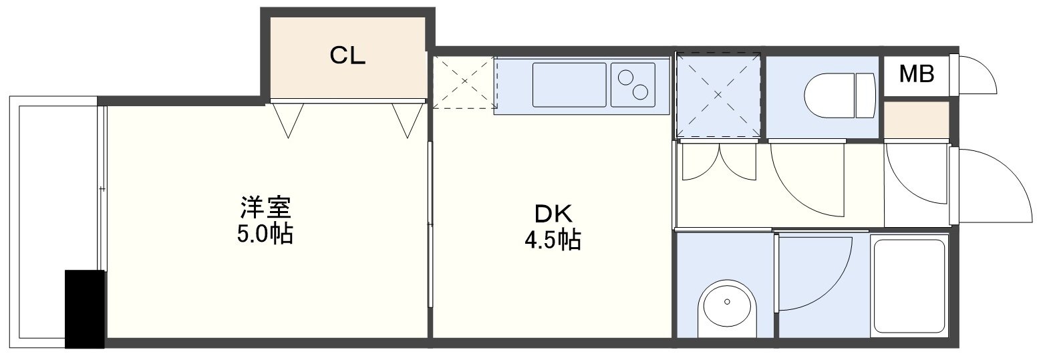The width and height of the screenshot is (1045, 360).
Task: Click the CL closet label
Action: (347, 55)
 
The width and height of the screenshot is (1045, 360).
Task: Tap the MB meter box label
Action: (917, 73)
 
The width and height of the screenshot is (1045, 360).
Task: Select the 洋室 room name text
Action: (265, 208)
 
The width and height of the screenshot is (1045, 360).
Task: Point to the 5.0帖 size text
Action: (265, 234)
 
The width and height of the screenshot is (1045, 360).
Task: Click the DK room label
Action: (553, 214)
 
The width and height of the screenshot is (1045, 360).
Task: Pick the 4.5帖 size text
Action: (553, 240)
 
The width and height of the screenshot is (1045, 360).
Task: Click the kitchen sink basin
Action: (569, 85)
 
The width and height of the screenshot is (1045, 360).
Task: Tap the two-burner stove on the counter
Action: (633, 85)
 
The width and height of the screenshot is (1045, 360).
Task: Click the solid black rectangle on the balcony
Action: (84, 309)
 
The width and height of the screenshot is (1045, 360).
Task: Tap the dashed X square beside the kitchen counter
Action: (464, 82)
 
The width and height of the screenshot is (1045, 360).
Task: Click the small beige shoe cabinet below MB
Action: (916, 120)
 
